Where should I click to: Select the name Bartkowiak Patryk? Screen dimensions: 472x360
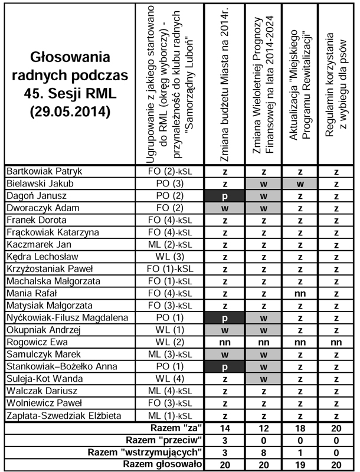point(44,172)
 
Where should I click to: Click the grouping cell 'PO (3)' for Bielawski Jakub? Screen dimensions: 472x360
point(170,184)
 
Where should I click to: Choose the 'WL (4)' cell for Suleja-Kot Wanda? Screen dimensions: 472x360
point(170,379)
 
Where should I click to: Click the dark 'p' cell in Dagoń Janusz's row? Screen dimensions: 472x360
point(225,196)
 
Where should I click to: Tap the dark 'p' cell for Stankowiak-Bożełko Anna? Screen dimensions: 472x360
point(225,366)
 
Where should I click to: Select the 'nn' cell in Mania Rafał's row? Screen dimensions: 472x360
point(301,293)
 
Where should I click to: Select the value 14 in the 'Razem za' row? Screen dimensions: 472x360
point(225,428)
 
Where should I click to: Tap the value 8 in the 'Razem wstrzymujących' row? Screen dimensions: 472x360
point(263,453)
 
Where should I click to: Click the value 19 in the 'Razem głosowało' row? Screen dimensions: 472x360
point(301,465)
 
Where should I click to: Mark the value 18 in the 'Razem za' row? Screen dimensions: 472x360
point(301,428)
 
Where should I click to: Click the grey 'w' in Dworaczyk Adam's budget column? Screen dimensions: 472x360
point(225,208)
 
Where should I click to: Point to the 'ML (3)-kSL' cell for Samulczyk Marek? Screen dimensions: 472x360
point(170,355)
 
